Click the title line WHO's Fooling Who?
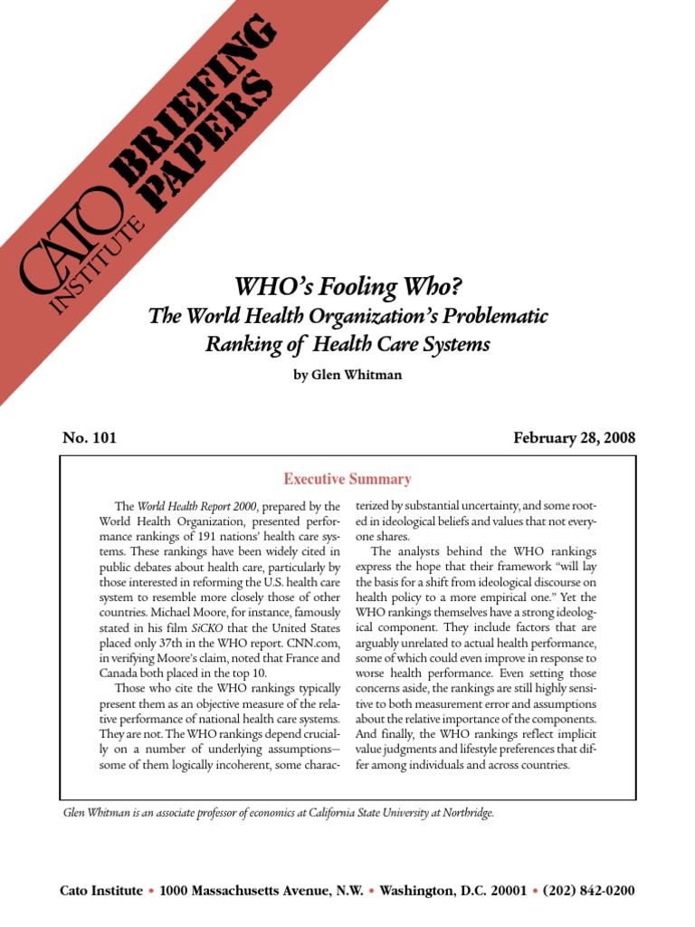(348, 287)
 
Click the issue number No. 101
(89, 438)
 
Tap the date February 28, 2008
(574, 438)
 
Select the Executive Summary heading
(347, 479)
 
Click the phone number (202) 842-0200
(589, 891)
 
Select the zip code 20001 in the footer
(506, 891)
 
